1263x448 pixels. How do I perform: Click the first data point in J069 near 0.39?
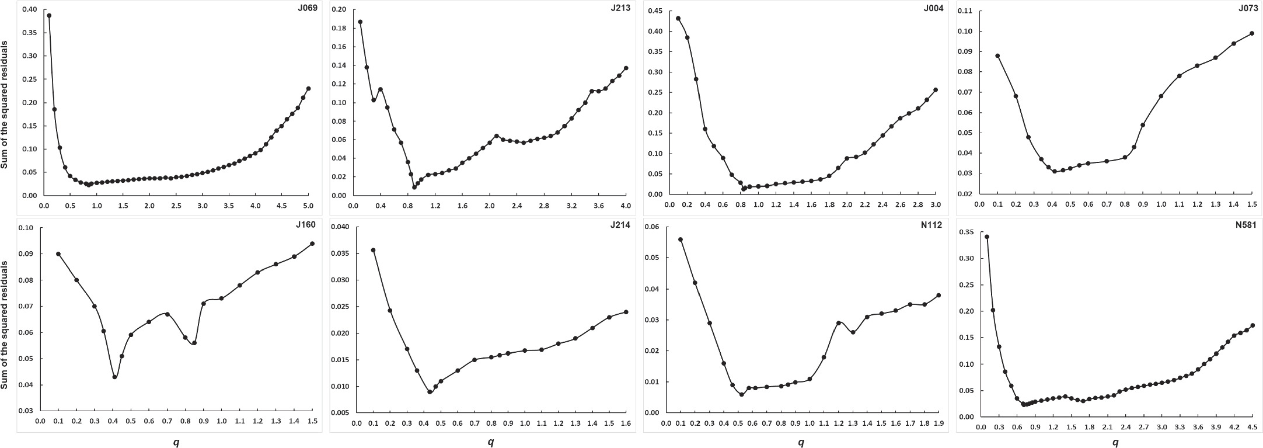[49, 16]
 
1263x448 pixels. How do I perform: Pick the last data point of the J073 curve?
[1251, 33]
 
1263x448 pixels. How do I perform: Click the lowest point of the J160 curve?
[115, 377]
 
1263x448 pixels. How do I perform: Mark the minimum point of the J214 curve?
[430, 392]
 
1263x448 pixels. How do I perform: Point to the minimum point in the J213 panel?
[414, 187]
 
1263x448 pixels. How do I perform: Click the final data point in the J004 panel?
[936, 90]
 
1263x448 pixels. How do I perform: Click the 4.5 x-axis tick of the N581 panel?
[1251, 428]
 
